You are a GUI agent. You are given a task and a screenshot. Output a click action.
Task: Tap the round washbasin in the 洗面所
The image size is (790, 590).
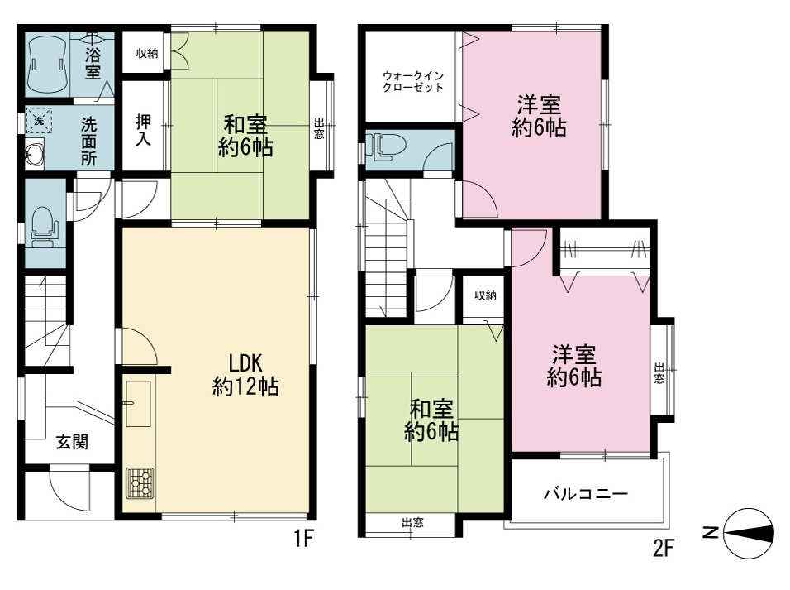(36, 154)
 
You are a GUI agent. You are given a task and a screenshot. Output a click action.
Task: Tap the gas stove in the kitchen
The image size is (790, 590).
(140, 483)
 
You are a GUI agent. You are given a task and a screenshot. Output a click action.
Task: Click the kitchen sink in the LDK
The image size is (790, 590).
(137, 403)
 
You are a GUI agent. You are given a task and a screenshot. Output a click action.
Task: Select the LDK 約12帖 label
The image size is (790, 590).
(245, 374)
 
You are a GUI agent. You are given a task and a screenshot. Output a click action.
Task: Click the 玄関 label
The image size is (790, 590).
(72, 442)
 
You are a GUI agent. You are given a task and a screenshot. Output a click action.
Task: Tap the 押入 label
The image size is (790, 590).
(144, 130)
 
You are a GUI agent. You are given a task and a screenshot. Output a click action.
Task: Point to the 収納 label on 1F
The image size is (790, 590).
(146, 53)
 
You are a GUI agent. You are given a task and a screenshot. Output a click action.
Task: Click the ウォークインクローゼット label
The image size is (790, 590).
(413, 81)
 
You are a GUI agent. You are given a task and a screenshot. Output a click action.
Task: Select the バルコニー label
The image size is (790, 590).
(585, 493)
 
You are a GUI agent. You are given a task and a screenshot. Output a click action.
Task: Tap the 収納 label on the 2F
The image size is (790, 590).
(485, 295)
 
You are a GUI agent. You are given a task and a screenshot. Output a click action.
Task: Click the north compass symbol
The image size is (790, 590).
(748, 533)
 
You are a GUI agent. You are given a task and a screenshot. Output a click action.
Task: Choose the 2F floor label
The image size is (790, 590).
(663, 548)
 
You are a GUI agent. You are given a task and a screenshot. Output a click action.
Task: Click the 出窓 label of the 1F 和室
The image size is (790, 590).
(319, 128)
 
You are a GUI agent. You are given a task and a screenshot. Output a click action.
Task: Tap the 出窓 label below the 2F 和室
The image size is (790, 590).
(412, 522)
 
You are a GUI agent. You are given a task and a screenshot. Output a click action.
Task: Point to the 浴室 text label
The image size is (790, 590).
(93, 63)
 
